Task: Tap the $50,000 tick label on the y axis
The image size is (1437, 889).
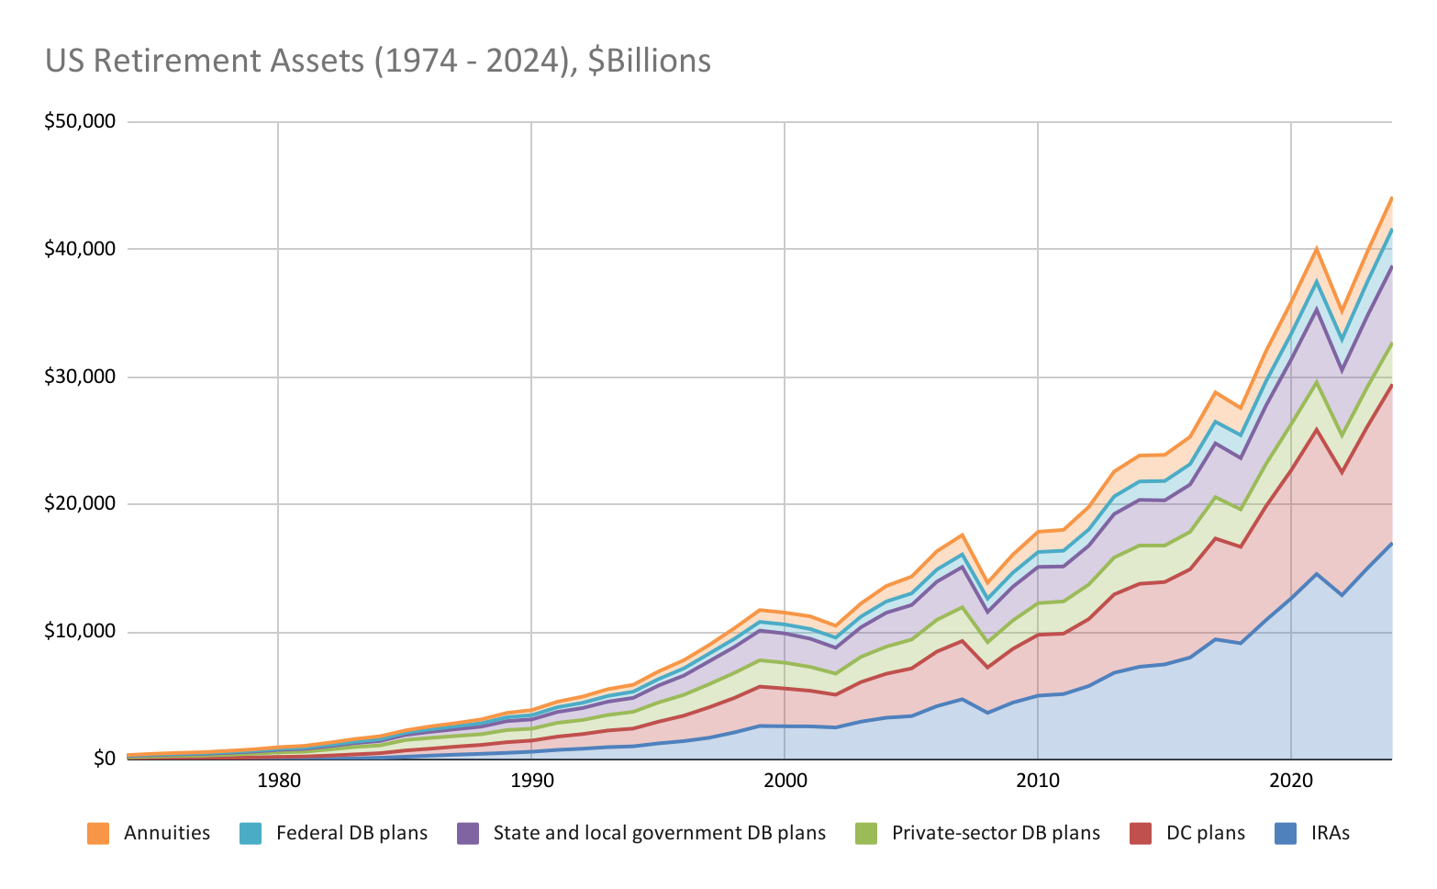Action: (80, 122)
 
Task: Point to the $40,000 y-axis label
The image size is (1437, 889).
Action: (80, 250)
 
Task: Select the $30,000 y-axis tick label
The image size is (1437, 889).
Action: (80, 377)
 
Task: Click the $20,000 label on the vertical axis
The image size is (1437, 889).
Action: (80, 504)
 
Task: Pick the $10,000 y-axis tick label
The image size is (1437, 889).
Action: (80, 632)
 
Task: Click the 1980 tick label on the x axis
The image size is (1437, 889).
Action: (277, 781)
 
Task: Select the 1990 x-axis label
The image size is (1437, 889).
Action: (530, 781)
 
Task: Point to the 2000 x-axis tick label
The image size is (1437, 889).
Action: (784, 781)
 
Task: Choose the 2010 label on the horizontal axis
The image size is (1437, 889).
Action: (1037, 781)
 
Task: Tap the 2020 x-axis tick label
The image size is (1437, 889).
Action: (1290, 781)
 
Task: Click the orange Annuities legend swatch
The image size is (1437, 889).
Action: (98, 834)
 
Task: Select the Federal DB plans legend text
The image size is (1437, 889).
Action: (351, 834)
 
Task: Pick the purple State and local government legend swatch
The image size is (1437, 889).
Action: (467, 834)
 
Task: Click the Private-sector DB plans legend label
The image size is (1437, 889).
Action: (996, 834)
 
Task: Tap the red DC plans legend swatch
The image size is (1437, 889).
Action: (1141, 834)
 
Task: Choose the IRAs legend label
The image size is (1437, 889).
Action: (1330, 834)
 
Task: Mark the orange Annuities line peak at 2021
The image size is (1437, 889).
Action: (1316, 249)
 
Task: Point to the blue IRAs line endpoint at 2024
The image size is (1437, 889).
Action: (1391, 544)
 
